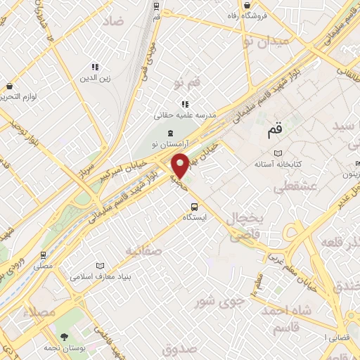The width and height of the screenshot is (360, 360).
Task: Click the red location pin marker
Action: coord(181,165)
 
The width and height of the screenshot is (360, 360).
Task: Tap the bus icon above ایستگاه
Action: coord(195,207)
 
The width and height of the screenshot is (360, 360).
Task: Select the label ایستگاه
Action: coord(195,217)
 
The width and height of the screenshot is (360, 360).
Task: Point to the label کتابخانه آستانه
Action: coord(278,164)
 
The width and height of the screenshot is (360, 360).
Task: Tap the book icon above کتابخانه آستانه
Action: coord(278,153)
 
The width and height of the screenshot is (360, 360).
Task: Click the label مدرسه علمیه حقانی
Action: coord(186,114)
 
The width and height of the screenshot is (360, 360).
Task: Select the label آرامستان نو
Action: coord(169,144)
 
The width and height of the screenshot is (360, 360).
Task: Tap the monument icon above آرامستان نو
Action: coord(169,134)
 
